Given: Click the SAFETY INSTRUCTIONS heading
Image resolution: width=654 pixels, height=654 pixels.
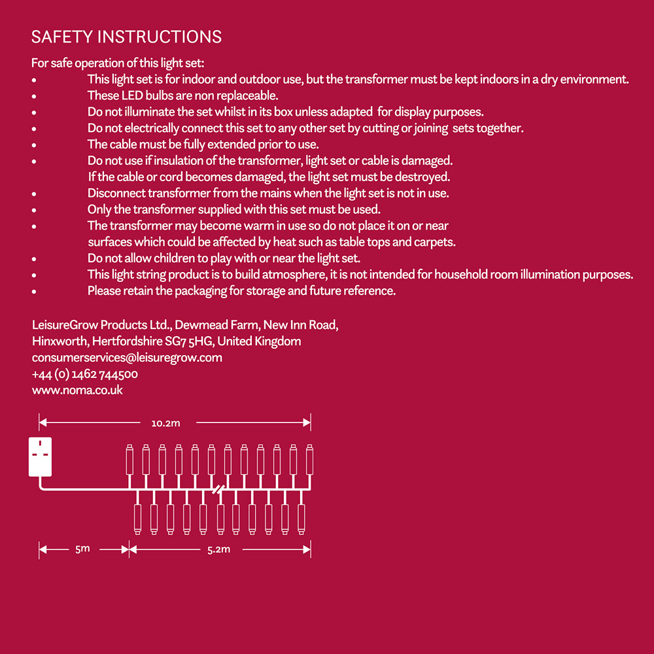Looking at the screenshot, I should tap(126, 37).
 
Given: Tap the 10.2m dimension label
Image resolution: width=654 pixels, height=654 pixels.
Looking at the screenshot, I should tap(165, 423).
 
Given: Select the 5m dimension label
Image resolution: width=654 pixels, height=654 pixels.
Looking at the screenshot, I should tap(82, 549).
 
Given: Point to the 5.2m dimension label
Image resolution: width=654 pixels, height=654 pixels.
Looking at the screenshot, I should tap(218, 549).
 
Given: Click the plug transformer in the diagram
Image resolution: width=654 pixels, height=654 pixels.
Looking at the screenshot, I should tap(40, 456).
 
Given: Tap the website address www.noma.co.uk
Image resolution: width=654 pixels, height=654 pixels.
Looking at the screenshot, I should tap(77, 390).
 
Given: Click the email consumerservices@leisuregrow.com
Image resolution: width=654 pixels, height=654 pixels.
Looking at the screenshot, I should tap(127, 358).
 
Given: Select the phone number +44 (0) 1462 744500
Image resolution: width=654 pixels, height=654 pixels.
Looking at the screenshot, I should tap(84, 374).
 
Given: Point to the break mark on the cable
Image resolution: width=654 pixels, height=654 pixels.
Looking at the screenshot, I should tap(218, 489).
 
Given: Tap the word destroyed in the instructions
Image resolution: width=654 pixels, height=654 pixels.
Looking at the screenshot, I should tap(426, 177).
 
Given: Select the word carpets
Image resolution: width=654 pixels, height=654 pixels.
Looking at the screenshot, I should tap(435, 242).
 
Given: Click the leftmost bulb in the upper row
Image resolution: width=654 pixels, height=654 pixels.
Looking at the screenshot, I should tap(129, 459).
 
